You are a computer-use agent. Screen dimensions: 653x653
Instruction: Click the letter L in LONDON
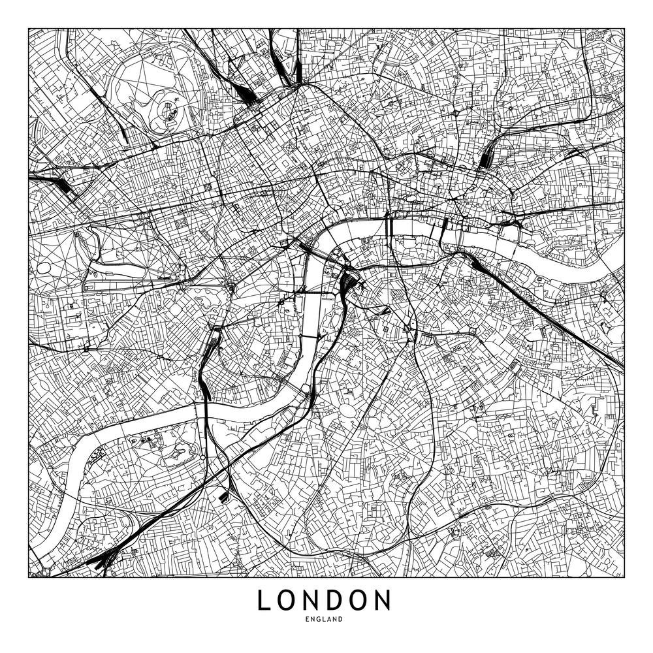(264, 600)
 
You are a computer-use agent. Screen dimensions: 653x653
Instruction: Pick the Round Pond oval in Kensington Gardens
(44, 268)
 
